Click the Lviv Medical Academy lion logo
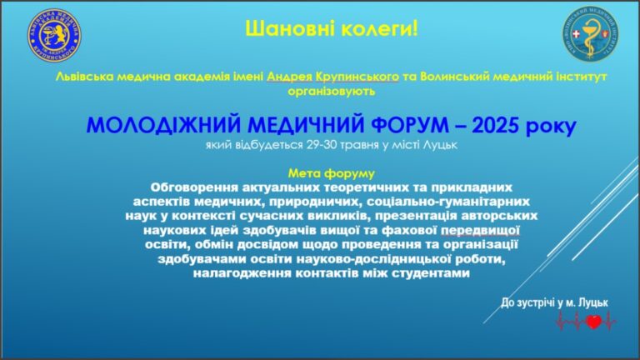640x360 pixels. click(54, 36)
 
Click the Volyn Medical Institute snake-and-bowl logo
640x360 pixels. click(590, 35)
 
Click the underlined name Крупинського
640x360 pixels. click(357, 77)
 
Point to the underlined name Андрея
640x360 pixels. click(289, 77)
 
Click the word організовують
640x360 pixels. click(332, 91)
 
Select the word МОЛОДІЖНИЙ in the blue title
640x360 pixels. click(163, 125)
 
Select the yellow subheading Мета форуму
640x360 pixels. click(332, 173)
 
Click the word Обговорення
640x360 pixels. click(194, 187)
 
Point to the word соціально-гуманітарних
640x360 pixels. click(448, 202)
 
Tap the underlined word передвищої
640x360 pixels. click(480, 231)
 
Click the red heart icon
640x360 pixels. click(594, 322)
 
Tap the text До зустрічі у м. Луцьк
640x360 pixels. click(555, 302)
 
